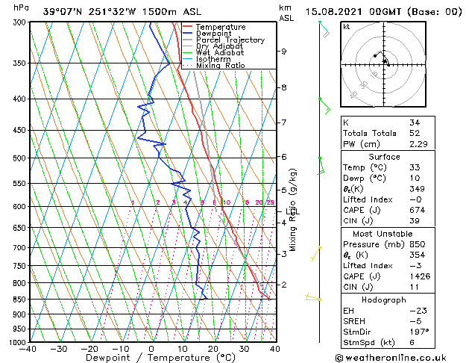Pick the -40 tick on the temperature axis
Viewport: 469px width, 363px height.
click(28, 349)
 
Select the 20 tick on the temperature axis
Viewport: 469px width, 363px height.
click(213, 349)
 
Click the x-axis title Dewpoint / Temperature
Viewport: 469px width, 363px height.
click(152, 358)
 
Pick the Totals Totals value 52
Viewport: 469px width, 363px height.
click(415, 133)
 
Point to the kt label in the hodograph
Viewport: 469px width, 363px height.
click(347, 26)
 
